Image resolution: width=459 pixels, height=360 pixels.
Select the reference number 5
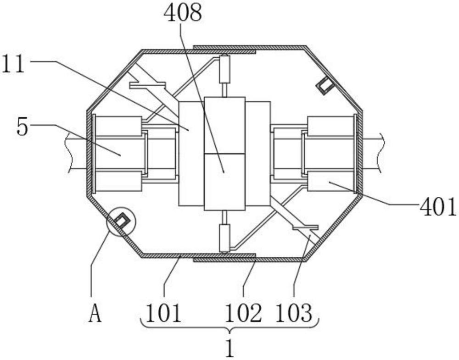[x=22, y=127]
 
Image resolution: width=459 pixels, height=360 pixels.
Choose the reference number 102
[x=243, y=314]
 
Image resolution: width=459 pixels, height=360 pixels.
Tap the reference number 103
[x=294, y=314]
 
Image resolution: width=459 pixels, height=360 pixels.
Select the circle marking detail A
[x=121, y=222]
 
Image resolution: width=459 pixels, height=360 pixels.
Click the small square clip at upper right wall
[x=325, y=85]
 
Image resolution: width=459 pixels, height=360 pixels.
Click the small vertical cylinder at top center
[x=225, y=69]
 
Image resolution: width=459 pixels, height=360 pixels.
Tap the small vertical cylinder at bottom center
[x=224, y=238]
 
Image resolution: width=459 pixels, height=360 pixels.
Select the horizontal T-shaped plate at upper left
[x=147, y=85]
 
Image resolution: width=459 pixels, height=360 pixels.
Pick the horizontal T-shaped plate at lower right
[x=305, y=227]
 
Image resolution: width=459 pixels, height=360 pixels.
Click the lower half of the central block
[x=224, y=182]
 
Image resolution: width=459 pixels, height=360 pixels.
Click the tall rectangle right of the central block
[x=257, y=154]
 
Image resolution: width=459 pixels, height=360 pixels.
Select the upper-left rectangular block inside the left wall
[x=118, y=126]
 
